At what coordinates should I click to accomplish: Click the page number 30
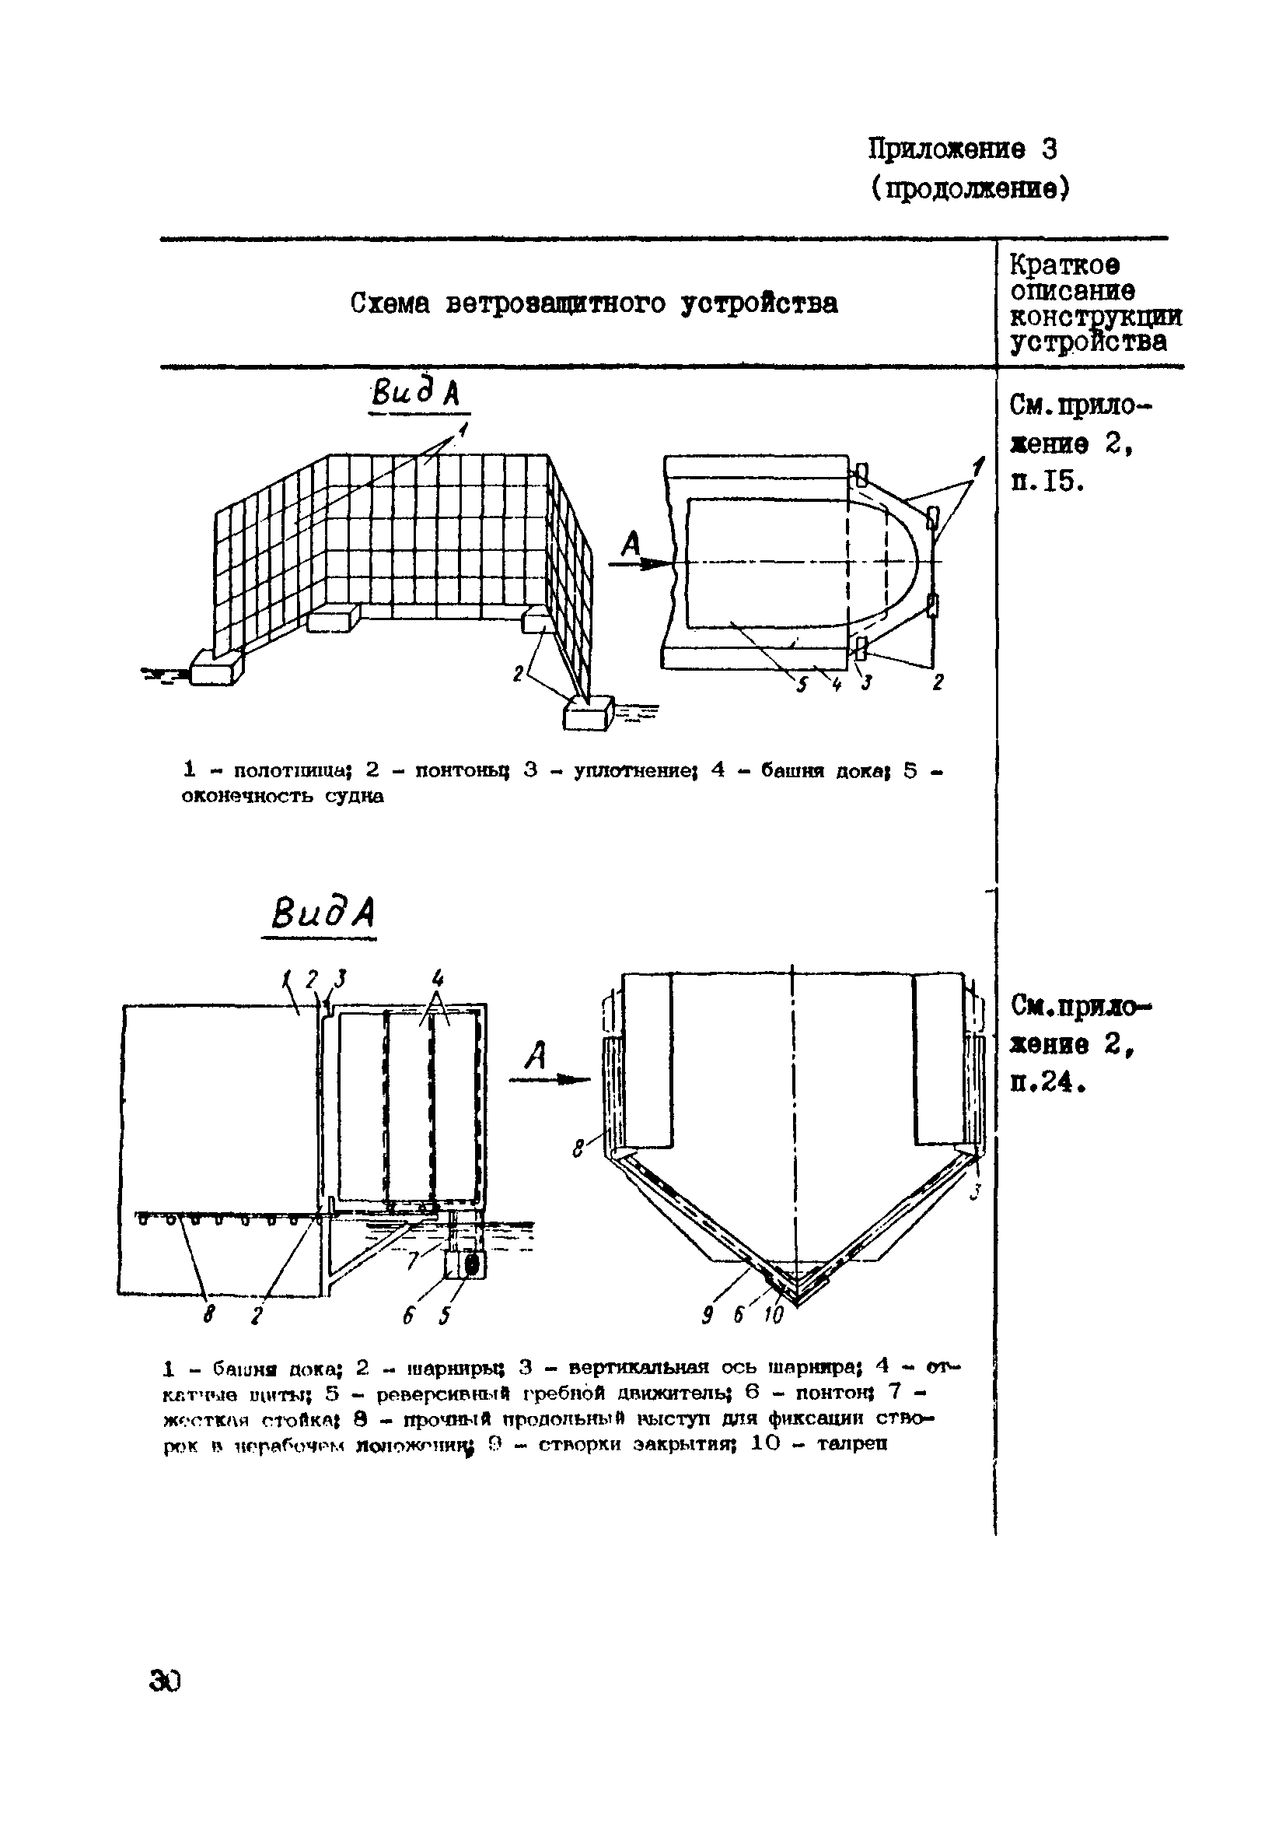(165, 1682)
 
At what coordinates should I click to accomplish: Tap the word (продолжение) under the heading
(970, 189)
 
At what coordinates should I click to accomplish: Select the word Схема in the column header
(390, 303)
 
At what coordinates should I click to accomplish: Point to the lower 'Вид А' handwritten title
(323, 913)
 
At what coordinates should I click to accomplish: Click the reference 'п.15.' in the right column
(1047, 481)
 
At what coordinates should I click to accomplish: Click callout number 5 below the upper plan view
(802, 685)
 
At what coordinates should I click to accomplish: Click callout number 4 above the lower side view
(438, 978)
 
